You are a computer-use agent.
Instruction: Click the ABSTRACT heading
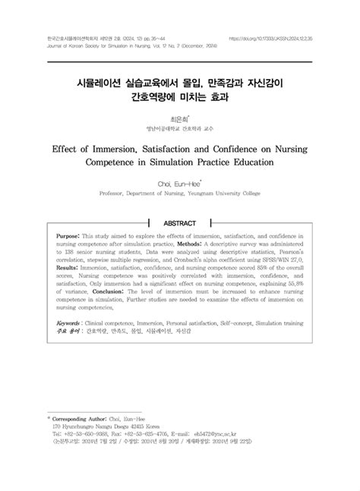179,223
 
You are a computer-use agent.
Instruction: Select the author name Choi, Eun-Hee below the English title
179,183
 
